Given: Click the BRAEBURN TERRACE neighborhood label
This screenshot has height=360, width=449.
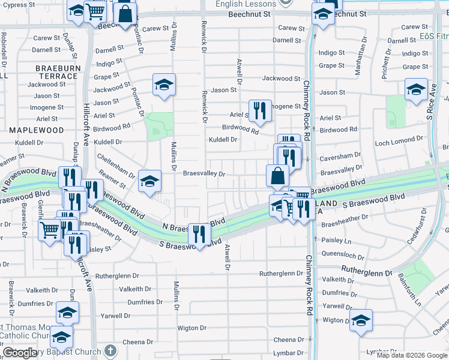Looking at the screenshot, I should coord(58,72).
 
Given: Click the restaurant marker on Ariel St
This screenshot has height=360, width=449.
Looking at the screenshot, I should coord(259,110).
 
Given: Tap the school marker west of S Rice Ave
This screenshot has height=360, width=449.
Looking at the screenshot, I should coord(416,89).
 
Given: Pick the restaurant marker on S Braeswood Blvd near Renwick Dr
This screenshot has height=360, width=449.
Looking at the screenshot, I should coord(199,233).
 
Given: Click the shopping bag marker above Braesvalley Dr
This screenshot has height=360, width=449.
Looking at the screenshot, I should coord(277,176).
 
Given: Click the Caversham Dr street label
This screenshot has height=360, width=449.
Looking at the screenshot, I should coord(338,155).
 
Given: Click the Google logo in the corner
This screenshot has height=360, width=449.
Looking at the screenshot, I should coord(19,353).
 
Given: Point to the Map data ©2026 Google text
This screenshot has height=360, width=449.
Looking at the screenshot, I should coord(412,355).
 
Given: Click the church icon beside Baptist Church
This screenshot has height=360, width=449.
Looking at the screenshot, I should coord(110,350).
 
